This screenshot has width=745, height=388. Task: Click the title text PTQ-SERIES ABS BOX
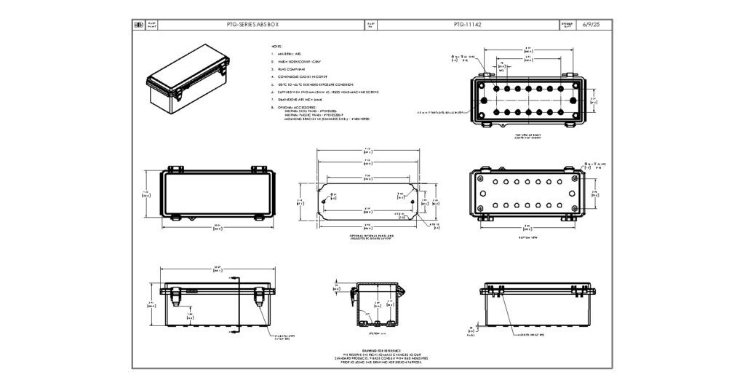(x=253, y=24)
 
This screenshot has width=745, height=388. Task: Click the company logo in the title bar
(x=138, y=24)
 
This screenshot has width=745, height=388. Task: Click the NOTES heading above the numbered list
(x=276, y=46)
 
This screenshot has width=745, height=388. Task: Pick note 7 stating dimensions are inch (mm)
(x=299, y=100)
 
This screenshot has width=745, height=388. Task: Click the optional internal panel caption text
(x=370, y=237)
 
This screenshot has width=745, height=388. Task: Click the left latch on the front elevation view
(x=175, y=297)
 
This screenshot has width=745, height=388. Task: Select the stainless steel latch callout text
(x=281, y=338)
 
